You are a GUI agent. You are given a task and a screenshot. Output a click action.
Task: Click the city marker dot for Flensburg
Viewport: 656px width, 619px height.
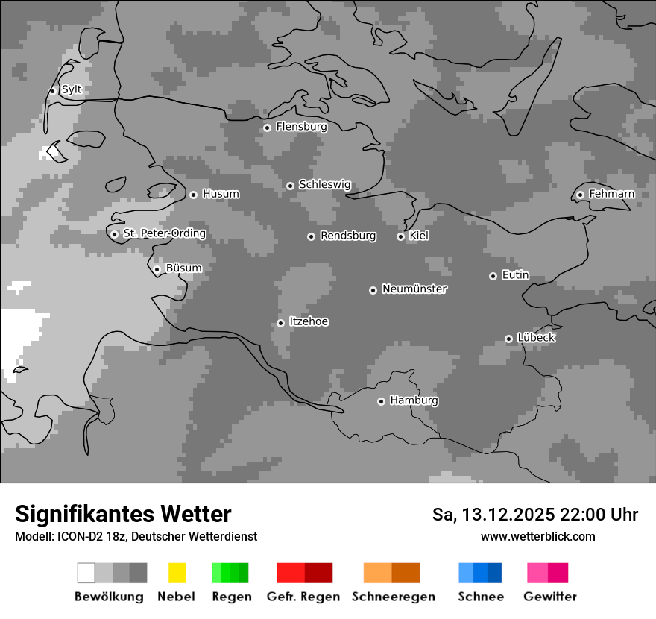pos(267,128)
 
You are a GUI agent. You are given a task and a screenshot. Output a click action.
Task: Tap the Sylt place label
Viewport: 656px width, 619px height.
pos(72,89)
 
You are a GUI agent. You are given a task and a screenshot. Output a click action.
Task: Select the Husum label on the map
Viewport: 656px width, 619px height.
pos(221,194)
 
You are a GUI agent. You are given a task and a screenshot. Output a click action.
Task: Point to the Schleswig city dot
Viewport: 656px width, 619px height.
pos(291,186)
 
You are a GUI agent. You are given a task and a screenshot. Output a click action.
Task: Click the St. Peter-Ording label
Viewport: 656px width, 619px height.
pos(164,233)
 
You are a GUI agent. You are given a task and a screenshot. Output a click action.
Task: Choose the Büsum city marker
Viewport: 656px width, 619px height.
pos(157,269)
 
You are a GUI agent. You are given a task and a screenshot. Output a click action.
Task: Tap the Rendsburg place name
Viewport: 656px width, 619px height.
pos(348,236)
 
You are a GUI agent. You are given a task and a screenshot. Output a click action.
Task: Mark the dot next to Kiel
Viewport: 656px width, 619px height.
pos(400,236)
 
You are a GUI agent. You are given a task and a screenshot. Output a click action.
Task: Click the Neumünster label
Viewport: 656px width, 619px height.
pos(414,289)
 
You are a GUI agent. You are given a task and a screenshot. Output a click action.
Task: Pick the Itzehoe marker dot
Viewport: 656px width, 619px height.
pos(280,323)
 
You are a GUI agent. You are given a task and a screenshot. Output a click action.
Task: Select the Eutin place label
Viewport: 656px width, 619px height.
pos(515,275)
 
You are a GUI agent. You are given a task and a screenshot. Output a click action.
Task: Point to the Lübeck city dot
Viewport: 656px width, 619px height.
pos(508,339)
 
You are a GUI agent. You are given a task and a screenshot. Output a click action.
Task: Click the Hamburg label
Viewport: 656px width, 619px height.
pos(414,400)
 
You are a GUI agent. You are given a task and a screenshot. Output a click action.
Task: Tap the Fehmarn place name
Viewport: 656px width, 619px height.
pos(611,194)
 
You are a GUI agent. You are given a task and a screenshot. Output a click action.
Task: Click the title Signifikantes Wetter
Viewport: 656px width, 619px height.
pos(123,514)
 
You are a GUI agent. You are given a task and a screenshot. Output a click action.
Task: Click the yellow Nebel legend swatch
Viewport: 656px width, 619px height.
pos(177,573)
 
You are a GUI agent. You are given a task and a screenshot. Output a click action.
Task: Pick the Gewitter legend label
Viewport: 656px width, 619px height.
pos(549,597)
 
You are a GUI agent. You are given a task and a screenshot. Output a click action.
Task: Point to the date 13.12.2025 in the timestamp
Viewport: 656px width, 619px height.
pos(508,515)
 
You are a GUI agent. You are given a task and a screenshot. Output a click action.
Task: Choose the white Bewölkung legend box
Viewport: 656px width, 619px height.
pos(86,573)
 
